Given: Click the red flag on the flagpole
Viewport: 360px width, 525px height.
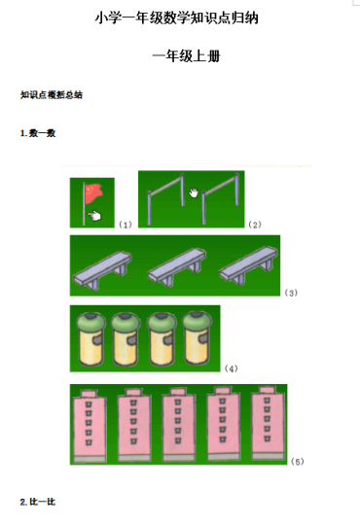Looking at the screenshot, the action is point(93,193).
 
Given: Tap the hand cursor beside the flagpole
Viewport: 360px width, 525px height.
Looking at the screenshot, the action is point(94,215).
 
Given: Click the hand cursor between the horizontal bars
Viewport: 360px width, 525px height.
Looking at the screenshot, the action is point(194,192).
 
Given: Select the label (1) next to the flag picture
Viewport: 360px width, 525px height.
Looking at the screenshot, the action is point(126,225).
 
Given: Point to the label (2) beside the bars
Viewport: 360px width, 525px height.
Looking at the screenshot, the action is point(255,225).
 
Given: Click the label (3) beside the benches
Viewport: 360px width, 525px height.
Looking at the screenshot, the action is point(291,293).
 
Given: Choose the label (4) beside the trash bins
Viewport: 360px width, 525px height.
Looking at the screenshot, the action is point(231,368).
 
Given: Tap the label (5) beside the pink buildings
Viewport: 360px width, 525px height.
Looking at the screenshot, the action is point(298,462).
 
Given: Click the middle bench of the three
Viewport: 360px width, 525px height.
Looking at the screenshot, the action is point(177,266).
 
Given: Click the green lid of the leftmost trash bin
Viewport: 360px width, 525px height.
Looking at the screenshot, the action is point(90,321).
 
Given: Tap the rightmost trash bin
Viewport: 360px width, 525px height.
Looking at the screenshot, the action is point(198,337).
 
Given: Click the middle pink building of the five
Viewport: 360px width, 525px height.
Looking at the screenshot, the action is point(178,425).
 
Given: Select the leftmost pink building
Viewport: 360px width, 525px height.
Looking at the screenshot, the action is point(90,426).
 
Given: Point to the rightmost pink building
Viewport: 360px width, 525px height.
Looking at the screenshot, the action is point(268,423).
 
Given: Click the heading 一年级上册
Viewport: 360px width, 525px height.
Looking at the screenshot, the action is point(187,56).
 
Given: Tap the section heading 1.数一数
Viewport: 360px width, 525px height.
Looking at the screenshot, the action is point(38,133).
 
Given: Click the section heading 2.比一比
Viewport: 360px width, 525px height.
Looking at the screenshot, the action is point(38,502).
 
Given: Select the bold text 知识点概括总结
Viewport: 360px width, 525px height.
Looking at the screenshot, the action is point(52,95).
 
